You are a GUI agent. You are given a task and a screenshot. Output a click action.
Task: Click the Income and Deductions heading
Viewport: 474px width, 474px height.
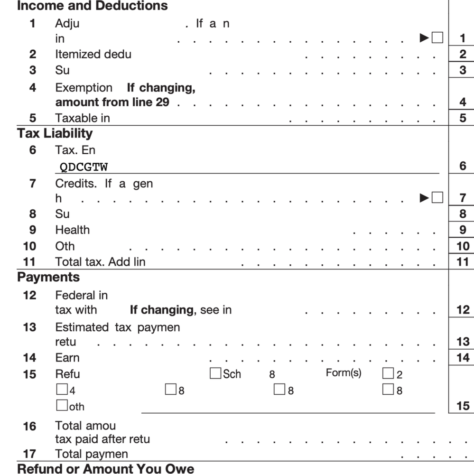93,6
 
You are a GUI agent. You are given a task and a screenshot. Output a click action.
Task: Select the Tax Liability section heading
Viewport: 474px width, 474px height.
55,133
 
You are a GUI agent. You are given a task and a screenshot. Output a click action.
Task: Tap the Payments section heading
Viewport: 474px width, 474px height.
48,277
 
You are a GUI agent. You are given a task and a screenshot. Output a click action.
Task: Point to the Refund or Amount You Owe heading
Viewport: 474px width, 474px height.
105,469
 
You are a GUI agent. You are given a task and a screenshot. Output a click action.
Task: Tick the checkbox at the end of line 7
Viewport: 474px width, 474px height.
437,197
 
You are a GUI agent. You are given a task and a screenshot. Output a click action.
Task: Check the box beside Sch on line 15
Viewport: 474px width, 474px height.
215,373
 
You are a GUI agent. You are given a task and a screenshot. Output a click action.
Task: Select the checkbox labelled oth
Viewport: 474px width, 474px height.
62,406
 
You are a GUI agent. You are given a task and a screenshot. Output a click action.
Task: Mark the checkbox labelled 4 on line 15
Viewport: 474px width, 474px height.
62,390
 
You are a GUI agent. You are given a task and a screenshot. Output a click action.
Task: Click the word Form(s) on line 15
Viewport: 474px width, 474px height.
343,373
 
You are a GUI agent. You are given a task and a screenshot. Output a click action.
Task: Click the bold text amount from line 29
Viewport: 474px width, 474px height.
112,102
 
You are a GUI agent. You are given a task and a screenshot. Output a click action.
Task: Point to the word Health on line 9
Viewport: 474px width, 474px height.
72,230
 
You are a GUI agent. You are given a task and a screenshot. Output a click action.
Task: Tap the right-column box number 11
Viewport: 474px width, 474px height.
463,261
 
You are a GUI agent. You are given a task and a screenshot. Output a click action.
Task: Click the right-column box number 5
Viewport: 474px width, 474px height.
463,118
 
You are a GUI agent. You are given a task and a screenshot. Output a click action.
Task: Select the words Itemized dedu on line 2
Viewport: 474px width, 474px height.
93,54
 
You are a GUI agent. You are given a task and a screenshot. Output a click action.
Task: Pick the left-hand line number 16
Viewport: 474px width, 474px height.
29,427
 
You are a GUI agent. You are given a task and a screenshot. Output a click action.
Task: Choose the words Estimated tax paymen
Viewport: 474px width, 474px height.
117,327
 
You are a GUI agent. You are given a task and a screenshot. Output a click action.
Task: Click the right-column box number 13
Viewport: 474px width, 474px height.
463,342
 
